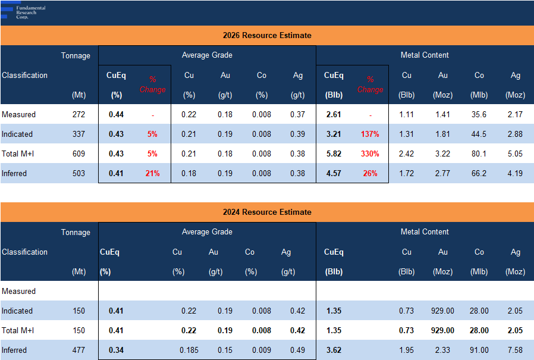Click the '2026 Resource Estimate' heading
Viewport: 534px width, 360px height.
[x=267, y=35]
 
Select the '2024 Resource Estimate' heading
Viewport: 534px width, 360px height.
[x=267, y=212]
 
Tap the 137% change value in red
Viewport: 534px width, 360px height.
[x=370, y=134]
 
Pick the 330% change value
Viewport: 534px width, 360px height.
[x=370, y=154]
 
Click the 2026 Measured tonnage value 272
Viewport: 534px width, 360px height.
[x=78, y=114]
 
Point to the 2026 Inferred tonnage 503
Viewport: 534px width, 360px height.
[x=78, y=173]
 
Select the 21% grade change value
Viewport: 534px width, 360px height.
[x=152, y=173]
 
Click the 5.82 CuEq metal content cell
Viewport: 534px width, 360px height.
[x=333, y=154]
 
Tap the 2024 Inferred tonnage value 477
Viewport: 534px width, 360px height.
[x=78, y=350]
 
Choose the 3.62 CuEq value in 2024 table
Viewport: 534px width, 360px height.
[x=333, y=350]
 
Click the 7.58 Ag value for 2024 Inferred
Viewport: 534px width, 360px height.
[x=515, y=350]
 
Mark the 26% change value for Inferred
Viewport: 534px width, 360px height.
[x=370, y=173]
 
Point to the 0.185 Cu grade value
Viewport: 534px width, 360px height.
[x=189, y=350]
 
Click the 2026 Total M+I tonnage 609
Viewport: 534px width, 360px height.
[x=78, y=154]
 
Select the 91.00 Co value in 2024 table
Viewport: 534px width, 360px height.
[x=479, y=350]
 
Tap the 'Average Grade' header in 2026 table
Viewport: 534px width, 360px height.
[x=207, y=55]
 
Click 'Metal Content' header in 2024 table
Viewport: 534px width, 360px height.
[x=425, y=232]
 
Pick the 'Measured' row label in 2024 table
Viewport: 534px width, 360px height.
[x=18, y=291]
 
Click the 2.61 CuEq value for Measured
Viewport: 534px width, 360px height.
[x=333, y=114]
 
